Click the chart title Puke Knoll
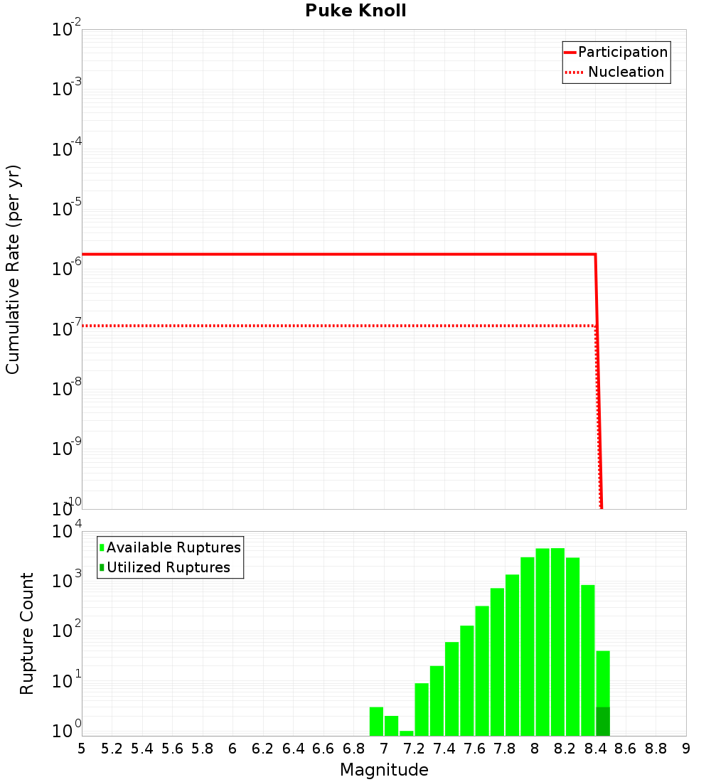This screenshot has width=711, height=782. (355, 11)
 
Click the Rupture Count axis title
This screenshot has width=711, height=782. (27, 633)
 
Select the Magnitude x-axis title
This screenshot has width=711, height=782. (384, 770)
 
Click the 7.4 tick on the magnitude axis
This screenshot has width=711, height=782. (444, 749)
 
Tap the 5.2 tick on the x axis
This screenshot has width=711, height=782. (112, 749)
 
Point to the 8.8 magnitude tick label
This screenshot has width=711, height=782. (656, 749)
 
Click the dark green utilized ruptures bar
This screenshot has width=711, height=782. (603, 722)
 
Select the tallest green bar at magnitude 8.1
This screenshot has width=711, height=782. (557, 640)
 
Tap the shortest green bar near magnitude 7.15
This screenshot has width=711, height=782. (407, 733)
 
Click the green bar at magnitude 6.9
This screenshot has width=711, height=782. (376, 722)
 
